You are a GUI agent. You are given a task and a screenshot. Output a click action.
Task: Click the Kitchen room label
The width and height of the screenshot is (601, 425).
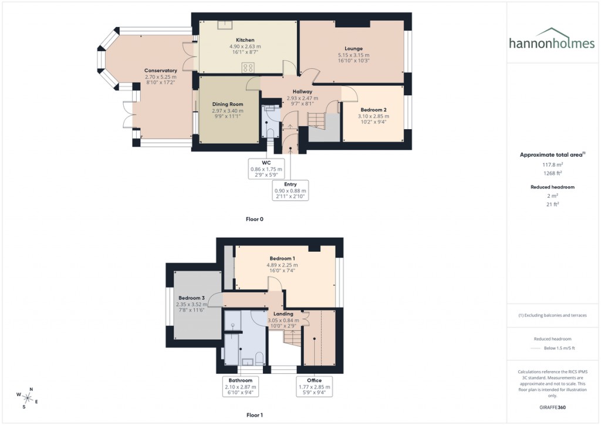[x=245, y=40]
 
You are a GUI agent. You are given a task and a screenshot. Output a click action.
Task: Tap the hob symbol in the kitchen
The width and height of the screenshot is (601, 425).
[x=248, y=67]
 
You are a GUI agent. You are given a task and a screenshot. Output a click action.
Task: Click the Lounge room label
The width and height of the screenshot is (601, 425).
[x=353, y=48]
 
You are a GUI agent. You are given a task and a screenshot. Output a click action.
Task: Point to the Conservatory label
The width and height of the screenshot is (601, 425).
[x=161, y=70]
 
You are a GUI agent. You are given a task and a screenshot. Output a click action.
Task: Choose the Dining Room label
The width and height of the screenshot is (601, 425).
[x=228, y=104]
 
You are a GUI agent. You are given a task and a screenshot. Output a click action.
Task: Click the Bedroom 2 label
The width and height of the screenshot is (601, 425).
[x=373, y=110]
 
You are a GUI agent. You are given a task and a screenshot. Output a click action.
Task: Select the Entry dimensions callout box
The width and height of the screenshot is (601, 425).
[x=291, y=191]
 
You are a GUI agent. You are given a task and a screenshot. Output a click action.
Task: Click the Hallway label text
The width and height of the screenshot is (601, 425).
[x=303, y=92]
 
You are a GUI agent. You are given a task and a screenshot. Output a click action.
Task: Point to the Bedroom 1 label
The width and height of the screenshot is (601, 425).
[x=282, y=258]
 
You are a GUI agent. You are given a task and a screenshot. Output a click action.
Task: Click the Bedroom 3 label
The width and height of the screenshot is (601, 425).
[x=191, y=298]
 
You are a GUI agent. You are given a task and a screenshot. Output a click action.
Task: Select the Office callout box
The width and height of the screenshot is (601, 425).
[x=314, y=387]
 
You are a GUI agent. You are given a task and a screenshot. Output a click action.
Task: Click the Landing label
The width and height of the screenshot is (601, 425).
[x=283, y=314]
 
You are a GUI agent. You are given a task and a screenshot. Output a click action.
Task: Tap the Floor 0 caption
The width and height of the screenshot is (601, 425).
[x=255, y=219]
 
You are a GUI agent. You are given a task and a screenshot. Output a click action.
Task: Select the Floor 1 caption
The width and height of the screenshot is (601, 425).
[x=255, y=415]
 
